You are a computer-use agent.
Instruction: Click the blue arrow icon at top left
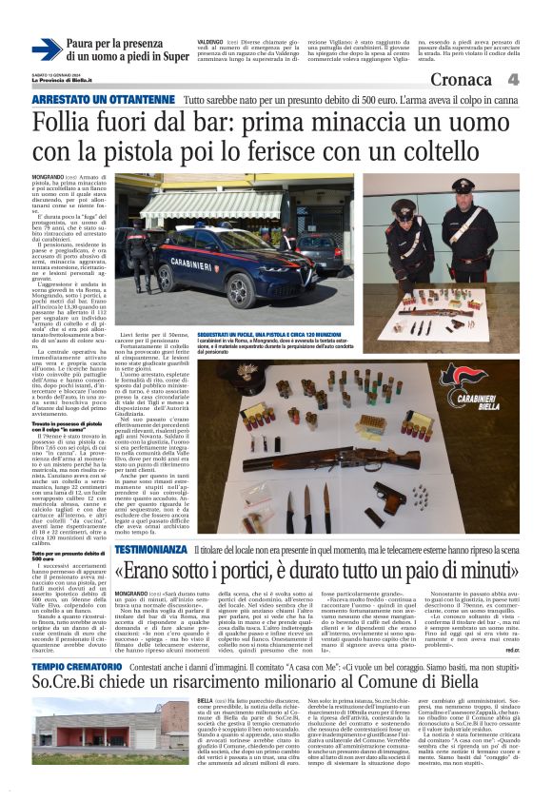(47, 49)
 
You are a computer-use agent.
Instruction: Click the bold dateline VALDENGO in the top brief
(212, 43)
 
